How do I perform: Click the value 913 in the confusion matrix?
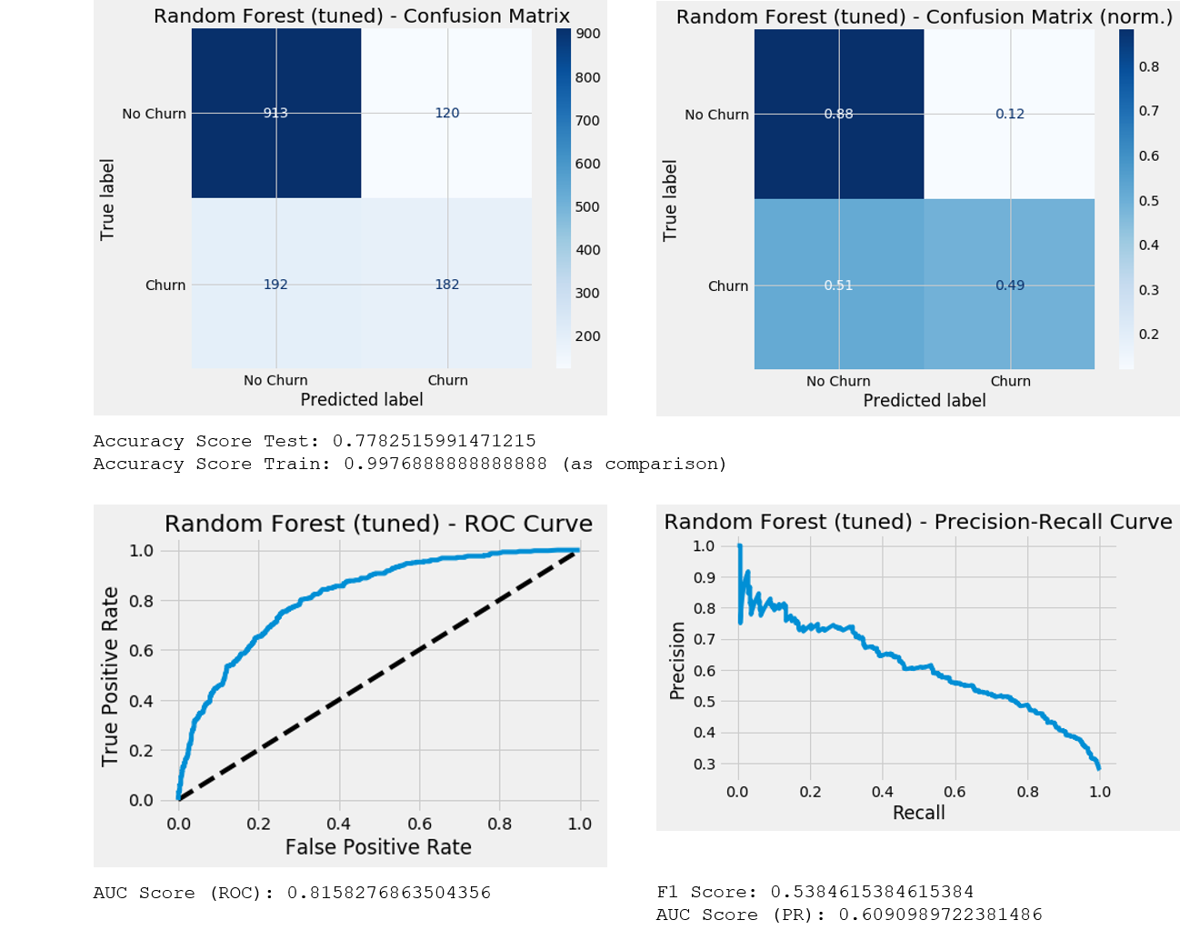tap(275, 114)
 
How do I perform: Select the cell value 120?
tap(446, 114)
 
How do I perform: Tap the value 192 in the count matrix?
tap(275, 285)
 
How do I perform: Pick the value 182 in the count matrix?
tap(446, 285)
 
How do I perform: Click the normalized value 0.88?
tap(838, 115)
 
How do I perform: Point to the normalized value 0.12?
tap(1009, 115)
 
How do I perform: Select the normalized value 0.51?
tap(838, 285)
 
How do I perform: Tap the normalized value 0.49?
tap(1009, 285)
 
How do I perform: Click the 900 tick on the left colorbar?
tap(587, 35)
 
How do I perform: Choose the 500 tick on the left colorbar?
tap(587, 207)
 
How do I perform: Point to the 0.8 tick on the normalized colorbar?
tap(1149, 66)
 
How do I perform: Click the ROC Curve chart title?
tap(378, 525)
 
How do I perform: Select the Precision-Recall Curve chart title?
tap(918, 522)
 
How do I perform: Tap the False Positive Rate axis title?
tap(378, 847)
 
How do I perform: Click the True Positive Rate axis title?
tap(111, 675)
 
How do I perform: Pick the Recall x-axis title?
tap(918, 813)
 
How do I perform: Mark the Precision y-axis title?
tap(677, 660)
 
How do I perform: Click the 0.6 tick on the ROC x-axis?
tap(419, 824)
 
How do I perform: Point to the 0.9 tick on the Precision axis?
tap(704, 577)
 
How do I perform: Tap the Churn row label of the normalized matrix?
tap(728, 286)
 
